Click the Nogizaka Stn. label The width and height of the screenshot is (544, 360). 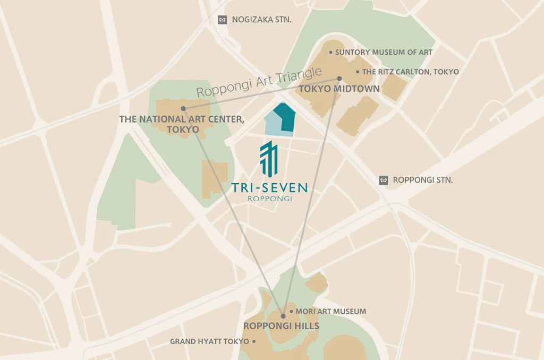262,20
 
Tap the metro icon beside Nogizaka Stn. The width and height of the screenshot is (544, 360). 223,20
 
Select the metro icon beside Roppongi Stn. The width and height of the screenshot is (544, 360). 384,180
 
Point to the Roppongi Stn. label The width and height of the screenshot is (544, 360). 423,180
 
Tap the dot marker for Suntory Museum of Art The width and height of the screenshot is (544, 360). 330,53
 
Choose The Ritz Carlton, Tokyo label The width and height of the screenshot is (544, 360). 411,72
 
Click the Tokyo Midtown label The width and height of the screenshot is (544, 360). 339,89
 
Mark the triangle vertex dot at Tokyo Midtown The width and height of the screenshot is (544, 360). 339,79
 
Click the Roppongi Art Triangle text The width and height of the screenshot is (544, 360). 259,82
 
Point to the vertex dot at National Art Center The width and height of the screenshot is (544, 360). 183,108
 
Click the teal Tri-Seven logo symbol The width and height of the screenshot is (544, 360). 269,158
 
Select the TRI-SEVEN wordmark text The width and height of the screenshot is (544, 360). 269,187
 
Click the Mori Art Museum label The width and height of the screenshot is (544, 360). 330,312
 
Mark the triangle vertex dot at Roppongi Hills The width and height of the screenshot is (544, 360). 283,316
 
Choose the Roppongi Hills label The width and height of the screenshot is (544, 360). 281,326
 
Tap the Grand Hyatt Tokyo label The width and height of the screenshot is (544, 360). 209,341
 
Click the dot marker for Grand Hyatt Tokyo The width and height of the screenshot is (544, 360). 254,341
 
